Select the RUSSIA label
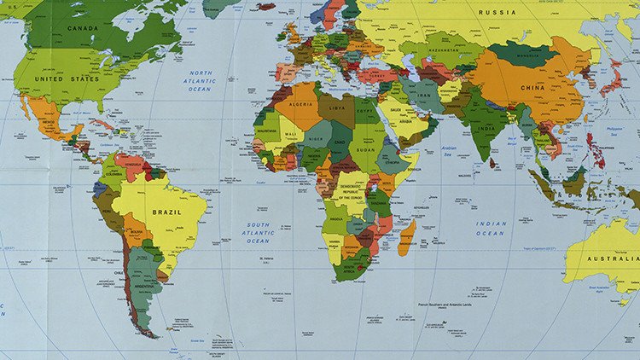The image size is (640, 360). (497, 12)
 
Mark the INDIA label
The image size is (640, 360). (485, 130)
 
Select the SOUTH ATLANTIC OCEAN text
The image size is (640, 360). (258, 233)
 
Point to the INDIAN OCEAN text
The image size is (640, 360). (492, 229)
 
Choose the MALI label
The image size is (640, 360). (292, 134)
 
